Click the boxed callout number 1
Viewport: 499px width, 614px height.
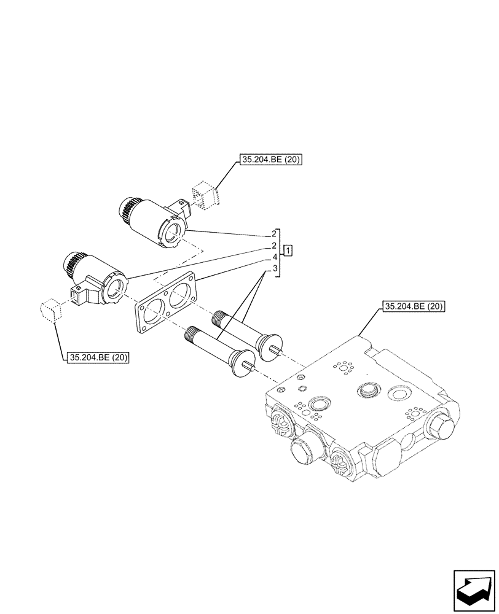pos(288,251)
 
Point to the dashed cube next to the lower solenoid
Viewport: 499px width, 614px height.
pos(50,310)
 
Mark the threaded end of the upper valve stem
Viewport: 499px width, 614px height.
pos(220,319)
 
